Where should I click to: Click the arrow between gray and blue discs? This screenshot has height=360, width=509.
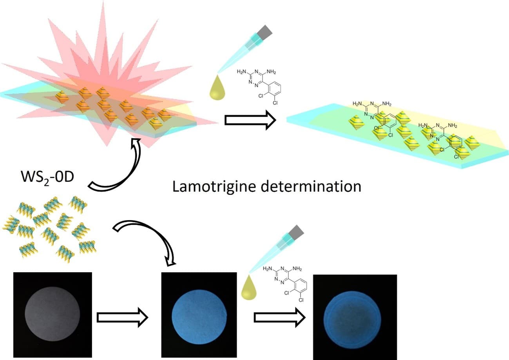click(122, 317)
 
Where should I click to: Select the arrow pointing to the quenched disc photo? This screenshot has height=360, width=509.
click(279, 317)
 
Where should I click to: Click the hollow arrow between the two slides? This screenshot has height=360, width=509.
click(250, 120)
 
